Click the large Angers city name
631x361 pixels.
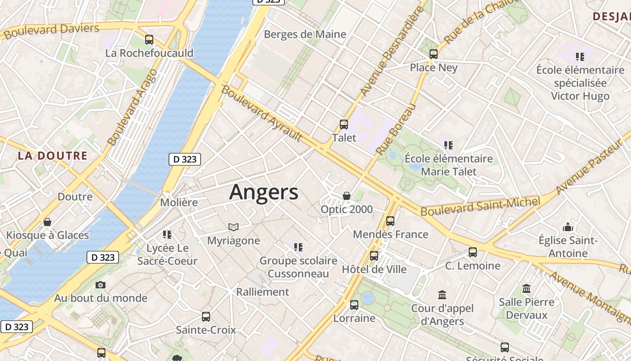(264, 192)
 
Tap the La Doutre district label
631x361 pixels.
(53, 156)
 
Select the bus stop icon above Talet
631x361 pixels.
(344, 125)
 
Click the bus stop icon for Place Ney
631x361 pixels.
(434, 54)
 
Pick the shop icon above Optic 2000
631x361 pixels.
(347, 196)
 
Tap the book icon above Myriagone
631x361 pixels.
(233, 227)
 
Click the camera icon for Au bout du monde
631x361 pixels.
(101, 285)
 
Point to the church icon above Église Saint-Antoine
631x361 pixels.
(568, 227)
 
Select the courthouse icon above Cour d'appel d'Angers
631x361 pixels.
(442, 295)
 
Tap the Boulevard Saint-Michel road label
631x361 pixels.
(480, 206)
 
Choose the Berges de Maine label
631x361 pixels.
(305, 34)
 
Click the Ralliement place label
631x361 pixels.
(263, 292)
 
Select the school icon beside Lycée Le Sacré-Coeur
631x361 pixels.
(167, 235)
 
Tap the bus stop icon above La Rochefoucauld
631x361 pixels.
(149, 40)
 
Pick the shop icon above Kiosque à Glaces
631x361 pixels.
(47, 222)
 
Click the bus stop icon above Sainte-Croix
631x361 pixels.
(206, 317)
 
